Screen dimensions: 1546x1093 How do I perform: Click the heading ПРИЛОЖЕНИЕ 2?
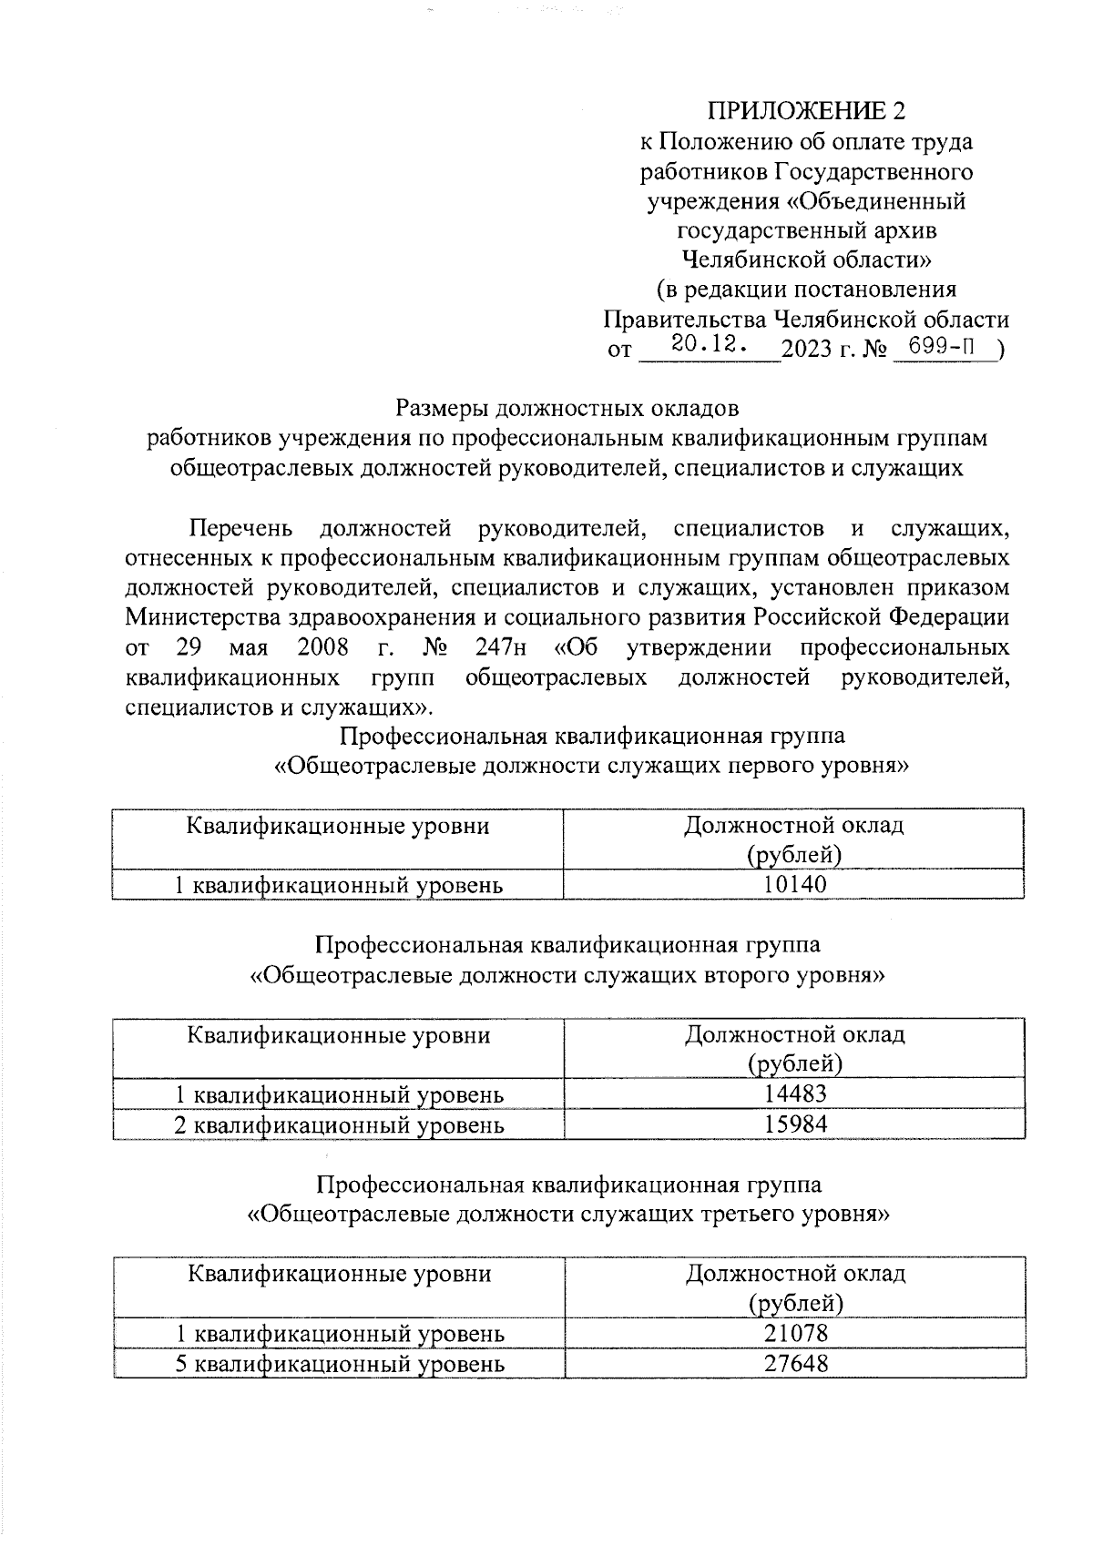(807, 112)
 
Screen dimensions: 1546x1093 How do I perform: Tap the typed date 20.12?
(710, 344)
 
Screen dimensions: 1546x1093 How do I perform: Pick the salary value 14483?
(795, 1093)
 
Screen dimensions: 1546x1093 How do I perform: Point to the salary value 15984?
(795, 1124)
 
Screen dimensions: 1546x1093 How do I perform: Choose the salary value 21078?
(796, 1333)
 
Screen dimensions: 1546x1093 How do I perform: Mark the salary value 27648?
(796, 1363)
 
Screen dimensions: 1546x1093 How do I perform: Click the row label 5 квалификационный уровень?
(340, 1364)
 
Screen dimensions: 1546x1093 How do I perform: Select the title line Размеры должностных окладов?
(567, 408)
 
